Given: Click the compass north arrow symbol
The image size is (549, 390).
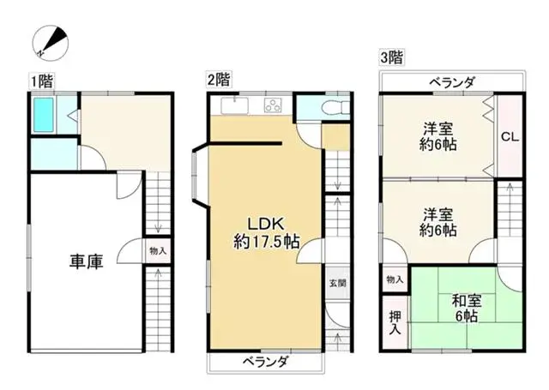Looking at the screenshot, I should (x=51, y=40).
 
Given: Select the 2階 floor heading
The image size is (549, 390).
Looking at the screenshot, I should (x=217, y=81).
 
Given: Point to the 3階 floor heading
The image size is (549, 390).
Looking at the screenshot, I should (x=393, y=58).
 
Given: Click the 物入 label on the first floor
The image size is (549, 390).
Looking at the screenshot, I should (x=157, y=252).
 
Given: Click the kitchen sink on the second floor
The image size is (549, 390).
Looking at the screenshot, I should (x=232, y=106).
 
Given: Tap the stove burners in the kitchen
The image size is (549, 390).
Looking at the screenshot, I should (x=274, y=106).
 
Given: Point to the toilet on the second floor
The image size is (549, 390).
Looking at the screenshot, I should (x=331, y=107).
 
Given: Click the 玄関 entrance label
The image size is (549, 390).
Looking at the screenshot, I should (x=336, y=283).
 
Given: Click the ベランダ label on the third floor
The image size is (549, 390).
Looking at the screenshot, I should (x=451, y=82).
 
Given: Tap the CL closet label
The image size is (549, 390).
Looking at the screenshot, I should (x=509, y=136).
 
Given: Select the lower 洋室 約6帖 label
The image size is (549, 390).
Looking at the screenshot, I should (x=437, y=221).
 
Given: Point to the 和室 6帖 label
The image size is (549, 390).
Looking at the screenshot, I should (x=467, y=308).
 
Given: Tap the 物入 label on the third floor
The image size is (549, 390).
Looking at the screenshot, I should (x=395, y=280).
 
